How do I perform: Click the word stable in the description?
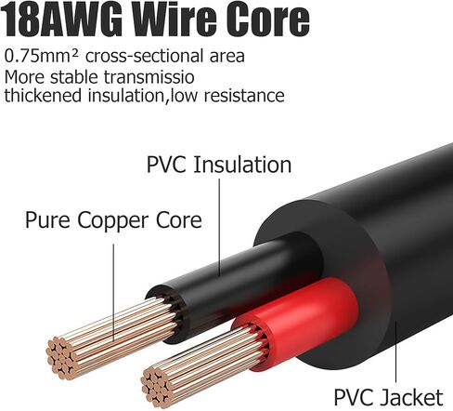point(74,77)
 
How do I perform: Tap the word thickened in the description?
point(43,95)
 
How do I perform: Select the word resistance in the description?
point(244,95)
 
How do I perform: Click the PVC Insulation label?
point(219,165)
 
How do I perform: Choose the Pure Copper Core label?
point(113,220)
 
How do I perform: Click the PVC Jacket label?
point(388,397)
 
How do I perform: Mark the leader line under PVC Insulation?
point(220,227)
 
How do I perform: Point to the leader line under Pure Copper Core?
point(113,292)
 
